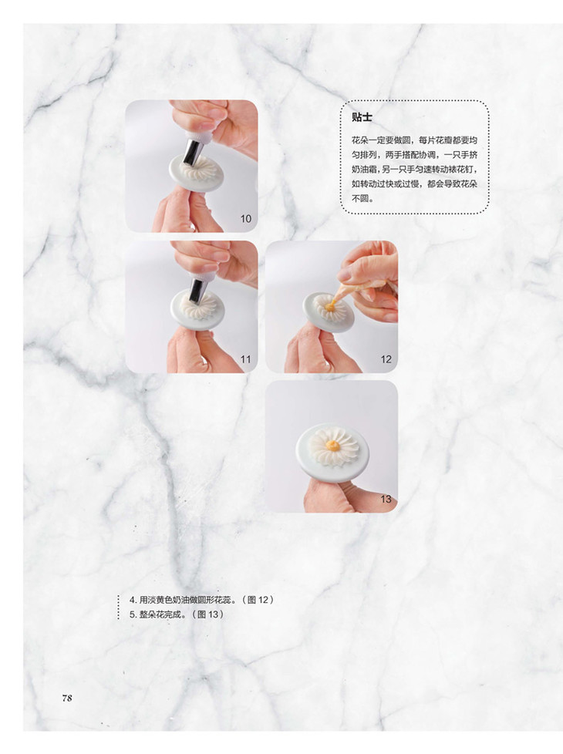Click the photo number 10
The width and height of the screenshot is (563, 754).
(246, 219)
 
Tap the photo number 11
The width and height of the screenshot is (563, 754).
(246, 359)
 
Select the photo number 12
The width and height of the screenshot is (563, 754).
(386, 359)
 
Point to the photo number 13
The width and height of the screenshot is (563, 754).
(386, 499)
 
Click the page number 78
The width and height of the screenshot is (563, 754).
(67, 698)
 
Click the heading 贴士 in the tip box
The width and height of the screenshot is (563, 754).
(362, 117)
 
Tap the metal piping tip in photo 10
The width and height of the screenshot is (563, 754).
(194, 151)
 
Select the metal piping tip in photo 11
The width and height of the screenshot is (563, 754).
(197, 291)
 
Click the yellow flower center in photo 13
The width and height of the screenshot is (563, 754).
(332, 446)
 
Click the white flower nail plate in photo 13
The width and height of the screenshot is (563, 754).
(332, 452)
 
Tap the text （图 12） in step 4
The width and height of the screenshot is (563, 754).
(258, 600)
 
